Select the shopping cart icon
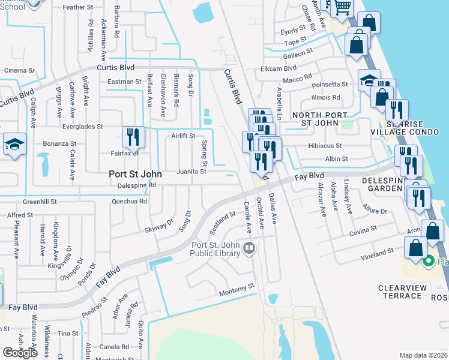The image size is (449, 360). [x=342, y=7]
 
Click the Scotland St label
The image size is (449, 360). [x=222, y=223]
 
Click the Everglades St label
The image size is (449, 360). [x=83, y=127]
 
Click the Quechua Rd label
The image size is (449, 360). [x=129, y=202]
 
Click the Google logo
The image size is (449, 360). [x=20, y=352]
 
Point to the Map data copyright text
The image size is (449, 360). [x=423, y=355]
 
